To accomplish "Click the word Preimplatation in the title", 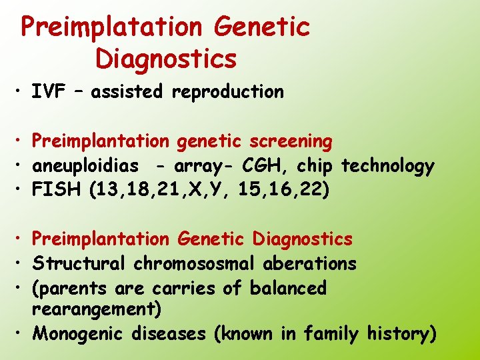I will (111, 27).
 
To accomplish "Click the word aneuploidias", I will (86, 166).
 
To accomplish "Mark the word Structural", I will (79, 263).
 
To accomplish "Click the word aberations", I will (310, 263).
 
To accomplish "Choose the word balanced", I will (288, 288).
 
